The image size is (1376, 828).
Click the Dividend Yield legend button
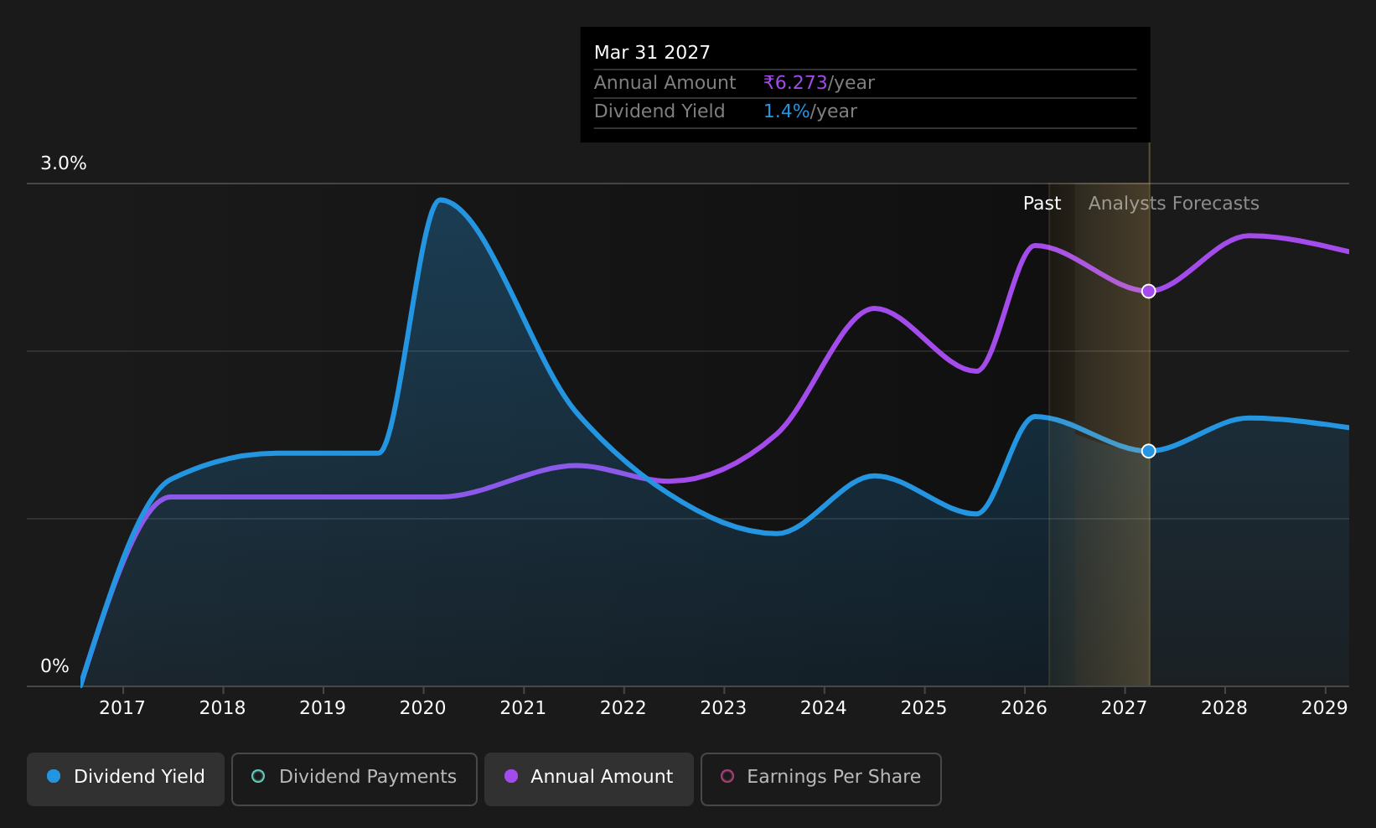tap(126, 779)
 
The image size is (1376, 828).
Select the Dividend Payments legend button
tap(354, 779)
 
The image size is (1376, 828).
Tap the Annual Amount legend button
tap(589, 779)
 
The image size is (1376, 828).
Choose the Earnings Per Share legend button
tap(821, 779)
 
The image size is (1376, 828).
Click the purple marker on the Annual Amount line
tap(1149, 291)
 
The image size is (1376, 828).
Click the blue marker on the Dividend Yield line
tap(1149, 451)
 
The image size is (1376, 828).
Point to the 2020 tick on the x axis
tap(423, 690)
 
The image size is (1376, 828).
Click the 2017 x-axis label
tap(122, 708)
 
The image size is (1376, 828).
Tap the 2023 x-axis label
tap(724, 708)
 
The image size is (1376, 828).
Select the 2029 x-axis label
tap(1324, 708)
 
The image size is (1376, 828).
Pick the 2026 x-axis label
tap(1024, 708)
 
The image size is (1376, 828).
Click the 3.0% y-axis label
tap(64, 163)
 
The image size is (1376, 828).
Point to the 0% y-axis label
tap(54, 666)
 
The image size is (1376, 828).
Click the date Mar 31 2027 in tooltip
tap(652, 53)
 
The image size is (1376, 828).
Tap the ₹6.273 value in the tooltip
tap(795, 82)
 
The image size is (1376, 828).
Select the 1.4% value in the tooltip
tap(786, 111)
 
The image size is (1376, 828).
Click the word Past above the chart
tap(1042, 204)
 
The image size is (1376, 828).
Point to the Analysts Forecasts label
tap(1174, 204)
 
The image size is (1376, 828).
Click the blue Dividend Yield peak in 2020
tap(440, 199)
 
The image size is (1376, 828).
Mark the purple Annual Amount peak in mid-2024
tap(873, 308)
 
